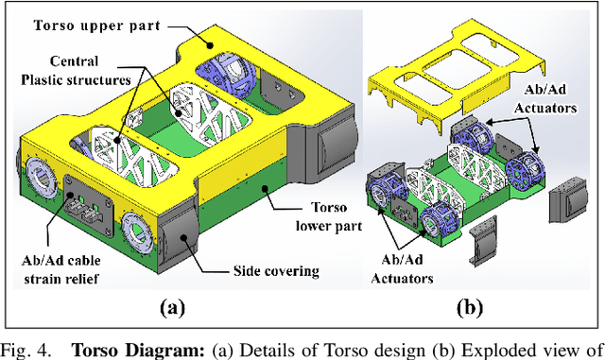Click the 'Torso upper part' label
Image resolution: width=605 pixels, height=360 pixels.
(x=96, y=26)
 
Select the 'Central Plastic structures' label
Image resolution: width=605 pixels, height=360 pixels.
(x=76, y=71)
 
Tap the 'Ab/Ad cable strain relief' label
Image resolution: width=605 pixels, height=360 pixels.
(x=60, y=269)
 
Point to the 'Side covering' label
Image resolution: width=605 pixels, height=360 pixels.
(x=276, y=271)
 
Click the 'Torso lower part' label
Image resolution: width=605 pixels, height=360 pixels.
(x=329, y=216)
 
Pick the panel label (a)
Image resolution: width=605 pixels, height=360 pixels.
(x=172, y=308)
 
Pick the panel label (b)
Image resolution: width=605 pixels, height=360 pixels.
(x=470, y=308)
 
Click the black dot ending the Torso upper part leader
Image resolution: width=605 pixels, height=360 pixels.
(x=210, y=45)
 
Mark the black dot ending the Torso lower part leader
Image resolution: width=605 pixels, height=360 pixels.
(x=265, y=188)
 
